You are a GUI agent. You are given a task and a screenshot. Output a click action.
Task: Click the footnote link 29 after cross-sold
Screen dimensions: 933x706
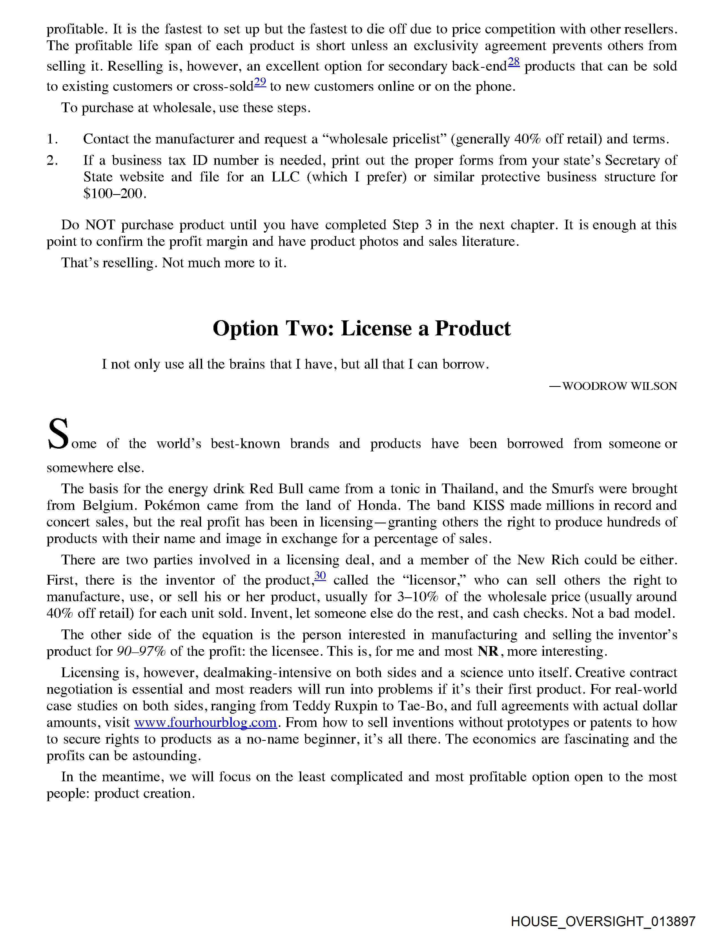(260, 82)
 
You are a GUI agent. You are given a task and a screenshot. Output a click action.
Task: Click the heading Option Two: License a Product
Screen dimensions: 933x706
(361, 328)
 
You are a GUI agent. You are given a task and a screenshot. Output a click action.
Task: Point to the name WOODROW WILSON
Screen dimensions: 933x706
(619, 386)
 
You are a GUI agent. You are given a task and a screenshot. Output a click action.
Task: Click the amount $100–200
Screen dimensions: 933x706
(115, 194)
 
